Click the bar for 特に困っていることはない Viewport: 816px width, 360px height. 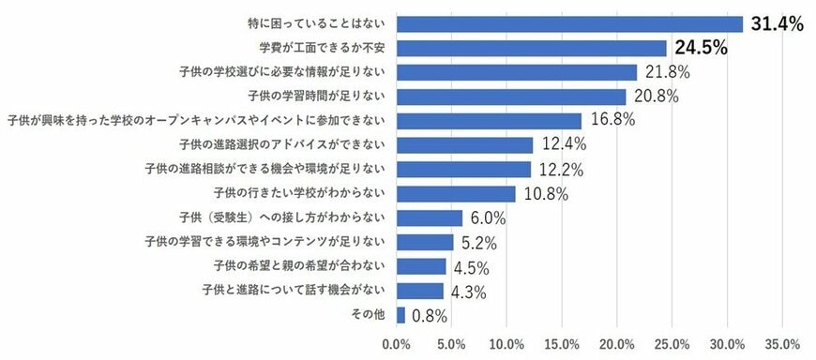(x=569, y=24)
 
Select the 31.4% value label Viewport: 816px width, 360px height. (x=777, y=24)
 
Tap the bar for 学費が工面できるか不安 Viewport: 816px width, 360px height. (x=532, y=49)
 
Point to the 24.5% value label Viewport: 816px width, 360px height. (x=701, y=49)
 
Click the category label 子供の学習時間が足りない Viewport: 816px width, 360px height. (x=318, y=97)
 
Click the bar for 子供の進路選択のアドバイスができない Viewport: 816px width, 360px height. (x=465, y=145)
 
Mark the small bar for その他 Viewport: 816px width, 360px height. (x=401, y=315)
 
